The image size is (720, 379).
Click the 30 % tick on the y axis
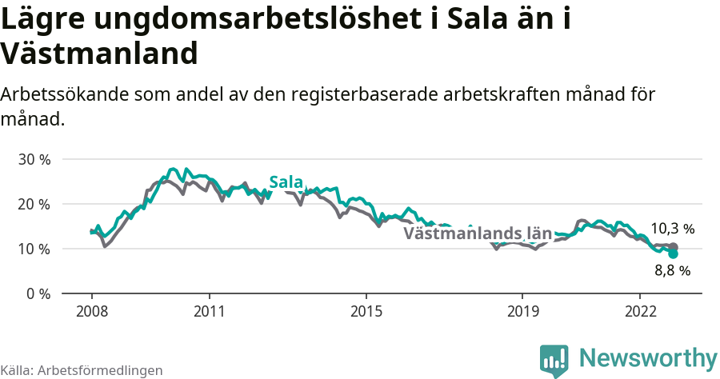pyautogui.click(x=34, y=159)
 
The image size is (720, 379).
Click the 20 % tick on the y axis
pyautogui.click(x=34, y=204)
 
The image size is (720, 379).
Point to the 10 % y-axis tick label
pyautogui.click(x=34, y=249)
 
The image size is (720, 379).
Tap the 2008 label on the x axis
pyautogui.click(x=91, y=310)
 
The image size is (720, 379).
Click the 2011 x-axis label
pyautogui.click(x=209, y=310)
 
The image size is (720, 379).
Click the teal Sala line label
pyautogui.click(x=286, y=182)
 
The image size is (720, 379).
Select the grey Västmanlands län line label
pyautogui.click(x=478, y=233)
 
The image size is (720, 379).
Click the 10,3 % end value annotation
pyautogui.click(x=672, y=229)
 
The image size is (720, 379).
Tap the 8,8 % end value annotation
pyautogui.click(x=672, y=271)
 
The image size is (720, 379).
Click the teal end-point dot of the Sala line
pyautogui.click(x=673, y=253)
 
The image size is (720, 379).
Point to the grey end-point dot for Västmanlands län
pyautogui.click(x=673, y=247)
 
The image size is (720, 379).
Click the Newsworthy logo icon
pyautogui.click(x=554, y=360)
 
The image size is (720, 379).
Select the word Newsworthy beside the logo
pyautogui.click(x=648, y=357)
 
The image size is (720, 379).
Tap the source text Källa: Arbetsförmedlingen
pyautogui.click(x=82, y=370)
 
